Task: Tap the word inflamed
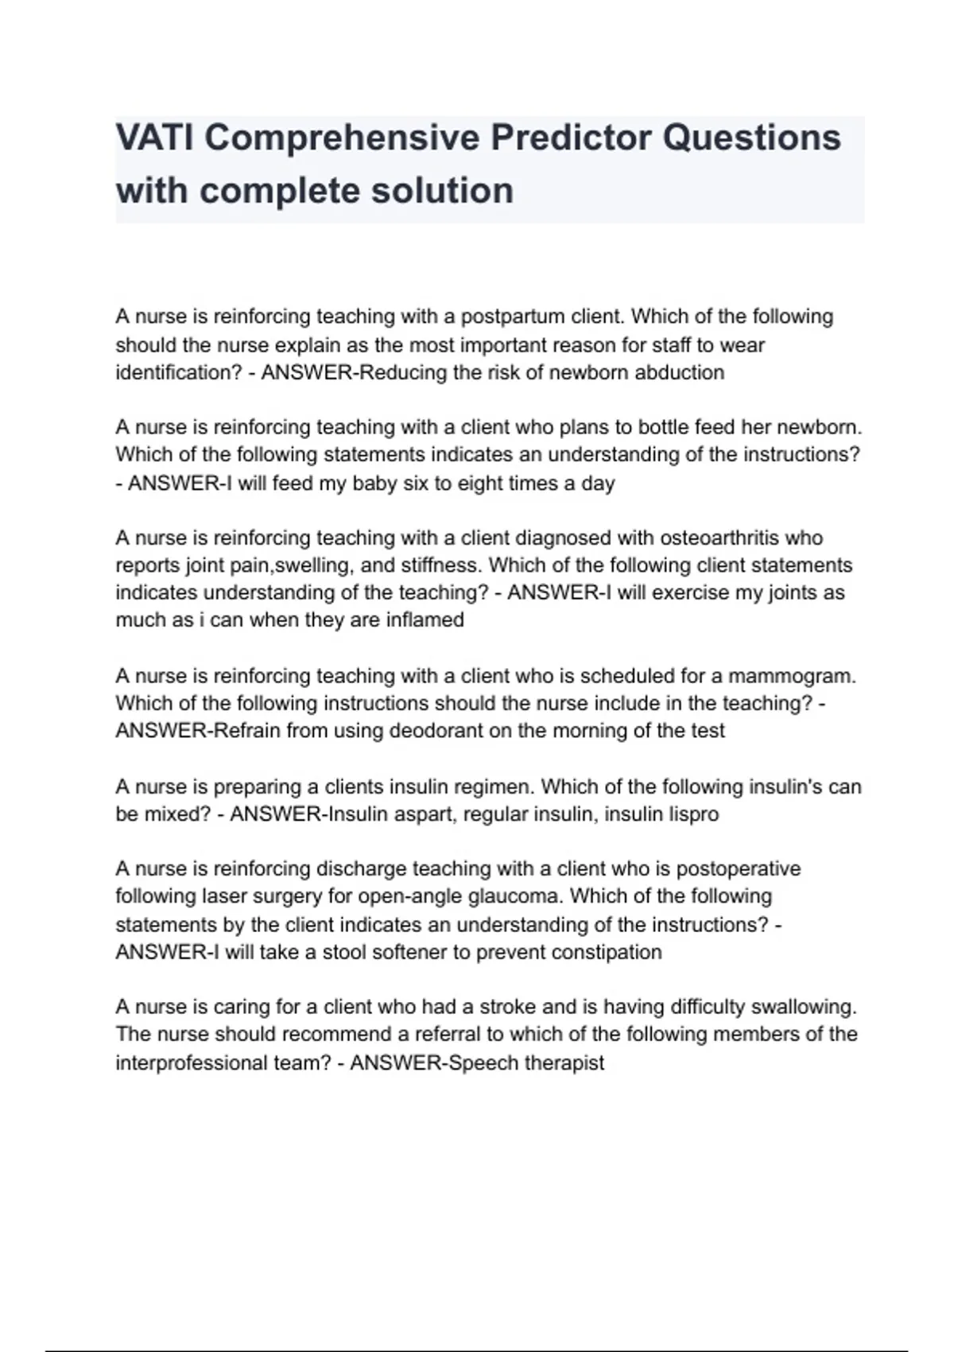[425, 620]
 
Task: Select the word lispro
[690, 814]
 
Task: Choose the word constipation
[607, 952]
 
